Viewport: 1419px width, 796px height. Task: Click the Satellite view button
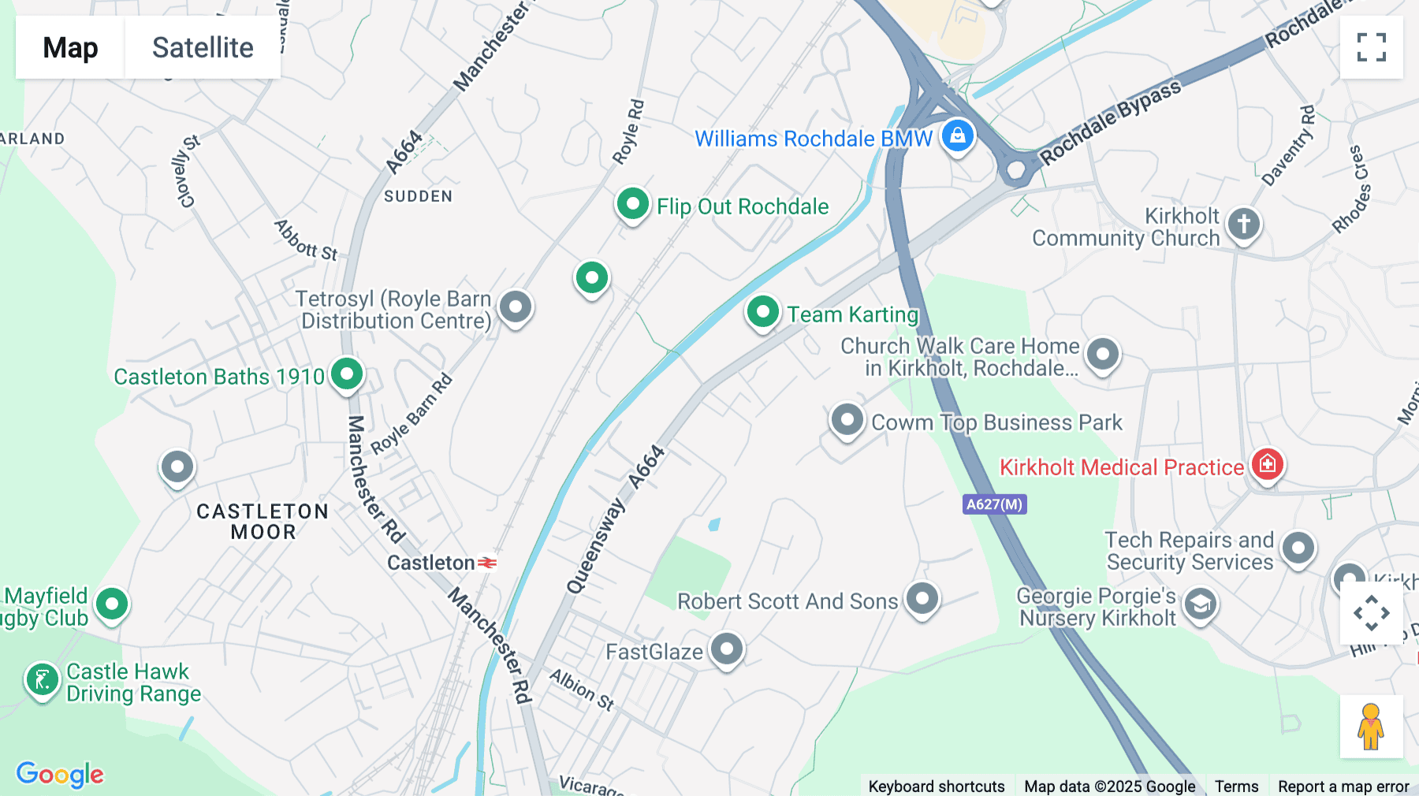pos(203,47)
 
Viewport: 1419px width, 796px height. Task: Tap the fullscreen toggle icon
pos(1371,47)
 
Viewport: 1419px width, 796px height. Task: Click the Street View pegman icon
pos(1371,727)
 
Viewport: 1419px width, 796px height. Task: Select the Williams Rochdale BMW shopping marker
pos(957,136)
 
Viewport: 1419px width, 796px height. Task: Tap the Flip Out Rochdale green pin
pos(632,204)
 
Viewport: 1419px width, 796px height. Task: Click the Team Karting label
pos(852,314)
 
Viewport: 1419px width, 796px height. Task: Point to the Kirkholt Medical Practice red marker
pos(1267,463)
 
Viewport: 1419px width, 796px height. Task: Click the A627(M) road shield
pos(994,504)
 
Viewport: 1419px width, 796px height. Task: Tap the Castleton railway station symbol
pos(487,563)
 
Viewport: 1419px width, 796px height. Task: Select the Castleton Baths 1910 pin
pos(347,374)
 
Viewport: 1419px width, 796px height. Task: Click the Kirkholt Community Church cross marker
pos(1243,224)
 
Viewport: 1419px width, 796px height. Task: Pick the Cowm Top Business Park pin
pos(847,420)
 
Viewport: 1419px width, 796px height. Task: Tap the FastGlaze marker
pos(726,649)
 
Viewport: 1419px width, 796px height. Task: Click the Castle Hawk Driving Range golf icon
pos(42,679)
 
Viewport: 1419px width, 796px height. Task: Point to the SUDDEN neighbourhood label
pos(418,196)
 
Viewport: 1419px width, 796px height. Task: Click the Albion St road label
pos(582,690)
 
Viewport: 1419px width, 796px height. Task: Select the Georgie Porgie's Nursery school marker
pos(1200,604)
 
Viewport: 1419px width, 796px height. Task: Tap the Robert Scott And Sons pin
pos(922,599)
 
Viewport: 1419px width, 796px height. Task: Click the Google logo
pos(60,774)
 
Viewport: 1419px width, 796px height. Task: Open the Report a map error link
pos(1343,786)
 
